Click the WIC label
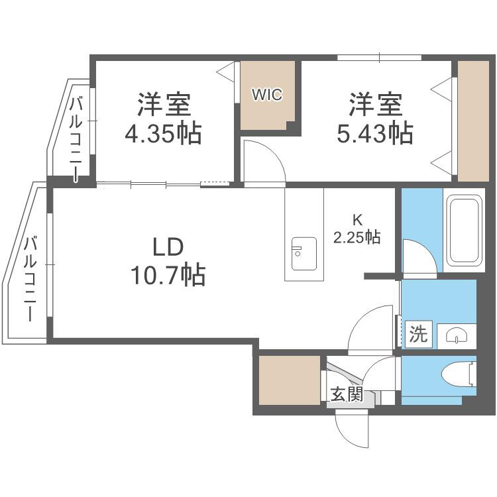tap(267, 95)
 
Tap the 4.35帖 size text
tap(163, 134)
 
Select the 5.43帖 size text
tap(375, 134)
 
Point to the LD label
tap(168, 248)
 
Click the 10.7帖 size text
tap(168, 275)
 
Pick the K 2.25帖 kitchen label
tap(357, 229)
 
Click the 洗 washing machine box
tap(418, 334)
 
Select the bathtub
tap(465, 231)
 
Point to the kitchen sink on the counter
tap(304, 254)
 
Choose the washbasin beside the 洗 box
tap(457, 336)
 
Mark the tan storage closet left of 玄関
tap(290, 380)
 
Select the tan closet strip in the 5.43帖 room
tap(473, 121)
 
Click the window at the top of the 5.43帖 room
tap(380, 58)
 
